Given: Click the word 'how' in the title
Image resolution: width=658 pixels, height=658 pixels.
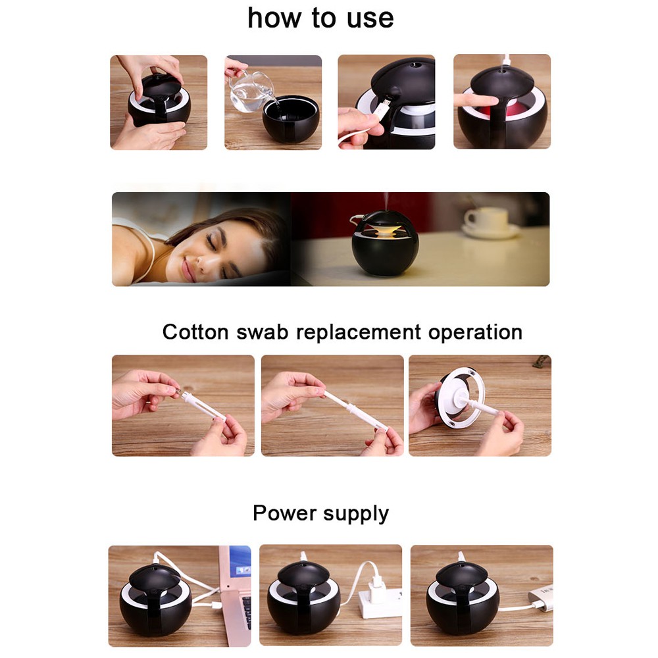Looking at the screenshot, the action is point(274,18).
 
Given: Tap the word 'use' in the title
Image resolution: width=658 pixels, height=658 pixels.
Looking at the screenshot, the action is point(370,19).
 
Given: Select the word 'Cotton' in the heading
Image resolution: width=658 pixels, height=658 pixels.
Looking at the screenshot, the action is point(195,332).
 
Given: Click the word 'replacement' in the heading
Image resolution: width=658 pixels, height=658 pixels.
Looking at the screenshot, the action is point(359,333).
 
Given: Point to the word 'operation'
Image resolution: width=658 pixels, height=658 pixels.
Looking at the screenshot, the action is point(475,333).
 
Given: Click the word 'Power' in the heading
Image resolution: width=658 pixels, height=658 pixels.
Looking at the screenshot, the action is point(284,513).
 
